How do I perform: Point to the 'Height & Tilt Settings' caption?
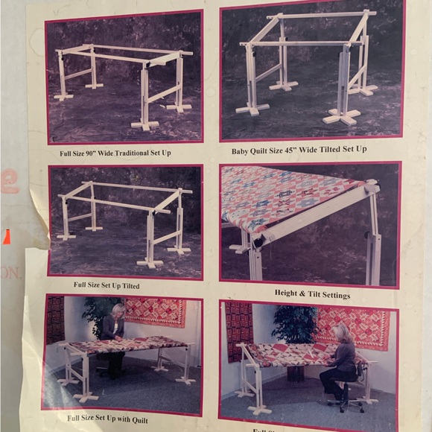[x=311, y=295]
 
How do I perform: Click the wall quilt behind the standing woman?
[x=155, y=311]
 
